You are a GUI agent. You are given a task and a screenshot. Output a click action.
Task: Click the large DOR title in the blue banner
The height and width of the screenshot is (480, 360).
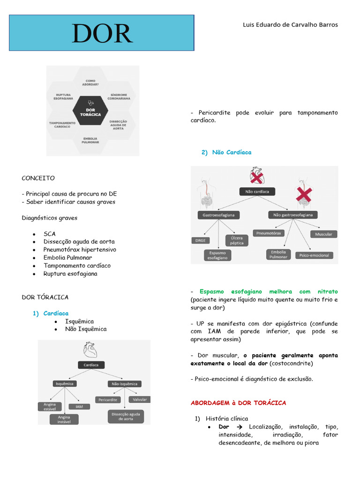102,33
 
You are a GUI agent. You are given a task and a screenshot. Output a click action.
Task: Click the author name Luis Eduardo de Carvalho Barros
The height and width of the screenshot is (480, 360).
290,25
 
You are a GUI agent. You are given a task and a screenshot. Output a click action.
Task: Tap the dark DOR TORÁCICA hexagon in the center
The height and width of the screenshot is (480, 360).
91,111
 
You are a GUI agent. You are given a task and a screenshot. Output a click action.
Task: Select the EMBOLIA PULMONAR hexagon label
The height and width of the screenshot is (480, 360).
90,140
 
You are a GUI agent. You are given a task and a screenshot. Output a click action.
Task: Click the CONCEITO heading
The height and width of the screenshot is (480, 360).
38,178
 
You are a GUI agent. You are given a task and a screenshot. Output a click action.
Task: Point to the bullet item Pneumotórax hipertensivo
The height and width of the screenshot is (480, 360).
80,249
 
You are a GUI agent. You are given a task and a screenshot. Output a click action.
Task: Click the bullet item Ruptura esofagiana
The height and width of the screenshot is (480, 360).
70,273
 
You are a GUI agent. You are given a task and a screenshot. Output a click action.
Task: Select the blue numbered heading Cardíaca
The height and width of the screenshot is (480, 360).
56,313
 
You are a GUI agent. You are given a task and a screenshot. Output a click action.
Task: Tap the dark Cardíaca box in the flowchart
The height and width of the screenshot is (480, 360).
91,365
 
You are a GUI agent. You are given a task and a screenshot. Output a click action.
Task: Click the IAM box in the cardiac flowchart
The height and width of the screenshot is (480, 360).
79,406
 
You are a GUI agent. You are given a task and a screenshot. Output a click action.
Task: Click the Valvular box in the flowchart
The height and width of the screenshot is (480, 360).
140,400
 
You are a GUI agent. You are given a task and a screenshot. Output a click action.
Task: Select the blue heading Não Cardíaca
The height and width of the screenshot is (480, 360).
232,152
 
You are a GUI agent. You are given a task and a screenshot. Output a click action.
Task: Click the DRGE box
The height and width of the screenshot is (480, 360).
201,240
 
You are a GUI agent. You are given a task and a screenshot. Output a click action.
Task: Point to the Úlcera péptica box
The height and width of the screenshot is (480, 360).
237,240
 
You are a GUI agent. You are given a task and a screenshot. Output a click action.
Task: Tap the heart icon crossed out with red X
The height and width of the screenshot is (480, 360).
257,176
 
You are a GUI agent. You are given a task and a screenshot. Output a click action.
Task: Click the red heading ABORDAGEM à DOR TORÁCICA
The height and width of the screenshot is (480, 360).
238,403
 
